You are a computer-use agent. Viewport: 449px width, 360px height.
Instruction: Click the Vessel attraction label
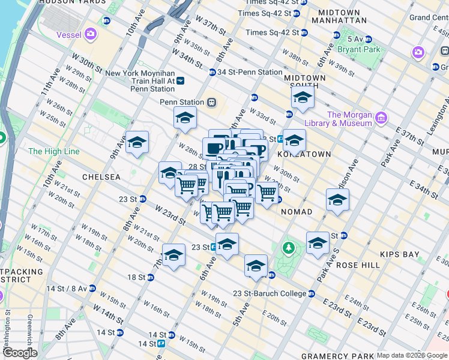point(68,35)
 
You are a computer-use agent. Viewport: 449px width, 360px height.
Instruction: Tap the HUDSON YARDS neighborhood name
point(65,2)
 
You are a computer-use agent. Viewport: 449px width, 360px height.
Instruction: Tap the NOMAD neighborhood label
point(296,212)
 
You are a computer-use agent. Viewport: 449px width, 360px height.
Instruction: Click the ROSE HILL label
point(358,265)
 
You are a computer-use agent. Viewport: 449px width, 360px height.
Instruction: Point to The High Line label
point(53,151)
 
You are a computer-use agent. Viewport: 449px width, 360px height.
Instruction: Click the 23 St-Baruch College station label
point(270,293)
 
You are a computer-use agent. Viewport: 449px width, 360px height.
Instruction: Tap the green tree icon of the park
point(289,247)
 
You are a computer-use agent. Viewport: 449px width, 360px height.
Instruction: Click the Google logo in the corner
point(19,353)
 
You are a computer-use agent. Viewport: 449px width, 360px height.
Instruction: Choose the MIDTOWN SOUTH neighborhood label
point(305,82)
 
